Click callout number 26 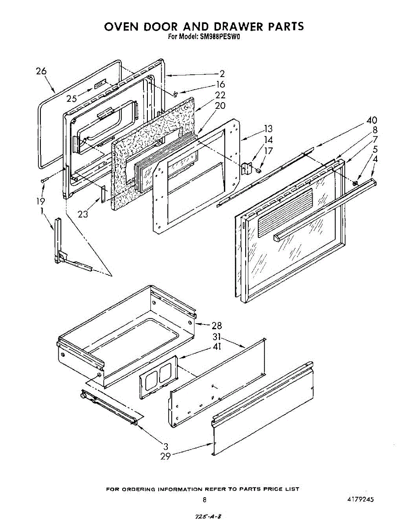point(41,71)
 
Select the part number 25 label point(72,99)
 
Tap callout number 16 point(220,84)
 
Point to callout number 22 point(220,95)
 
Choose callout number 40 point(371,120)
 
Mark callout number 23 point(83,214)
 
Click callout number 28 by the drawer point(217,325)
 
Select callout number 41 point(217,347)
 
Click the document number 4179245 point(360,500)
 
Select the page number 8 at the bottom point(204,500)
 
